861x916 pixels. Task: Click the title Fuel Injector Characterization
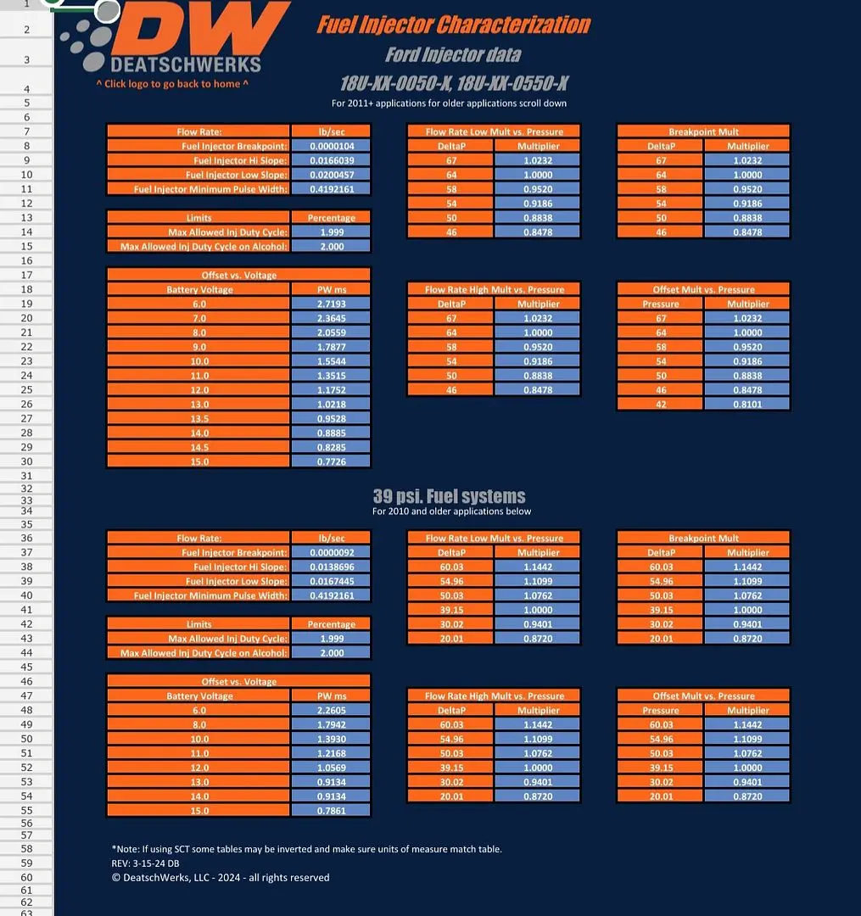(454, 25)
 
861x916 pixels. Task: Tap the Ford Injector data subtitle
(453, 55)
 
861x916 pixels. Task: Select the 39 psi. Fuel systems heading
(450, 496)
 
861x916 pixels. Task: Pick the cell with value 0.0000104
(331, 146)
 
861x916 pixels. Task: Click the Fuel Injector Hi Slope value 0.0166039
(331, 160)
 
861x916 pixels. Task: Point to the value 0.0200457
(331, 175)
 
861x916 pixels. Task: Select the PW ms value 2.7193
(331, 304)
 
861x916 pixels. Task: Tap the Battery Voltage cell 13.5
(199, 418)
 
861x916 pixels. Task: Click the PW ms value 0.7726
(331, 461)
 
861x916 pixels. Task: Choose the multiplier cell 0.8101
(747, 405)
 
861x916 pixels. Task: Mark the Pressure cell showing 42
(661, 405)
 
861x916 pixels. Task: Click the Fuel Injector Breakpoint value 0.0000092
(331, 553)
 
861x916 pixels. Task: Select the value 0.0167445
(331, 581)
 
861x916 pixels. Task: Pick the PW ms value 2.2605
(331, 711)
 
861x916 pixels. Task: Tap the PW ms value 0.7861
(331, 811)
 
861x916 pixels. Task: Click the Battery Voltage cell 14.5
(199, 447)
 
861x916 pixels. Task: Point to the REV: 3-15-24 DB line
(145, 863)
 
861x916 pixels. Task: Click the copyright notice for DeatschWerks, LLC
(221, 878)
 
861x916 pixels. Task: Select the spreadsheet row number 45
(27, 667)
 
